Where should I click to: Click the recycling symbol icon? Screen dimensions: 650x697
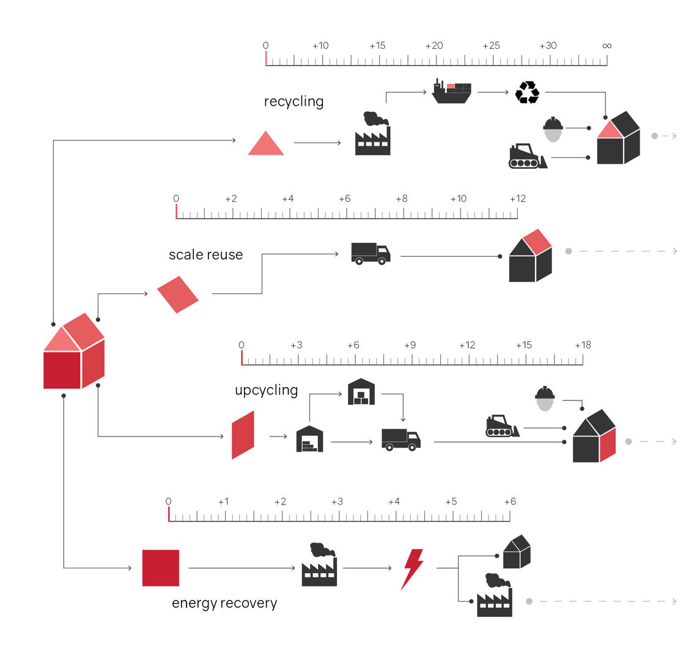527,92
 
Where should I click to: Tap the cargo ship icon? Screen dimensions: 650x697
451,92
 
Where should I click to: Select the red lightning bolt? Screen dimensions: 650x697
412,569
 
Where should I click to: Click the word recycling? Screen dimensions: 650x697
293,102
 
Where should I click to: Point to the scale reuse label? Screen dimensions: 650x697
205,254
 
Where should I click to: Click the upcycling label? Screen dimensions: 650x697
266,390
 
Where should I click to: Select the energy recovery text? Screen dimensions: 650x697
224,603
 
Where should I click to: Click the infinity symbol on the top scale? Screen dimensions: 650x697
606,46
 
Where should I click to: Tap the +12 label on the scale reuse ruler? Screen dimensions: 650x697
517,199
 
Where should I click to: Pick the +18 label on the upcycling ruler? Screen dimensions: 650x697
583,345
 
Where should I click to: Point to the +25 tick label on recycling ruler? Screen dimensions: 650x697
491,46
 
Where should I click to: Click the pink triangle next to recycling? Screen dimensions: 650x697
265,144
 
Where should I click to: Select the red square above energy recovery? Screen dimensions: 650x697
161,568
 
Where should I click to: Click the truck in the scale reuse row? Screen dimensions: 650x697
371,253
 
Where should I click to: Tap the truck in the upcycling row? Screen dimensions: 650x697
400,439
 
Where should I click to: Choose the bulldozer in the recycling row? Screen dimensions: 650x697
527,157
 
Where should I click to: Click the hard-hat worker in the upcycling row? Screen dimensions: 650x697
544,399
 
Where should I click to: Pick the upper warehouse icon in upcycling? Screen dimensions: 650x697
361,392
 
